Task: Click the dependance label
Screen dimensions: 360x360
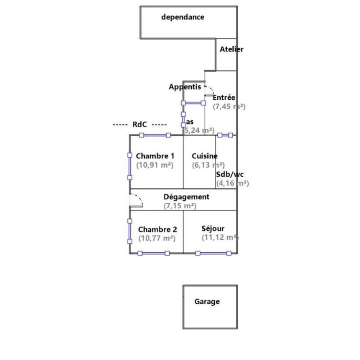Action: point(183,17)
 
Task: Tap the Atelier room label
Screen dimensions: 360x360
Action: point(231,49)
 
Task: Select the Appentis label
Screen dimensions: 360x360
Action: point(185,87)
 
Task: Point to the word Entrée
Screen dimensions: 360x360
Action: point(224,98)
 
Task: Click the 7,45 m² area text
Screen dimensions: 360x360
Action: point(229,106)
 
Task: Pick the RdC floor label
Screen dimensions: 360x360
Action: point(140,124)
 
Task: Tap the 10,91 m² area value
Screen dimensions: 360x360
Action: point(154,165)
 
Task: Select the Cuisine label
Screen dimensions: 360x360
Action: point(204,156)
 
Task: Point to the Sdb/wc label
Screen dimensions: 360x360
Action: point(230,174)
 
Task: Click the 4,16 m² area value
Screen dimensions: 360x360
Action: point(232,183)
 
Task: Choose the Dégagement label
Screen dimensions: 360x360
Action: point(186,197)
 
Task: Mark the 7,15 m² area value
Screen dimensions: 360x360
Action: point(180,206)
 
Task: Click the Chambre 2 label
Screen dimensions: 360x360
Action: point(157,229)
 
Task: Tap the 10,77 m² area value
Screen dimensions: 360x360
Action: point(157,238)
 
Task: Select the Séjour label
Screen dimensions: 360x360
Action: point(213,228)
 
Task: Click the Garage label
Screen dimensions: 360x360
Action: point(207,301)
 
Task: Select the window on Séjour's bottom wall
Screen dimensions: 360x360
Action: point(213,253)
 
